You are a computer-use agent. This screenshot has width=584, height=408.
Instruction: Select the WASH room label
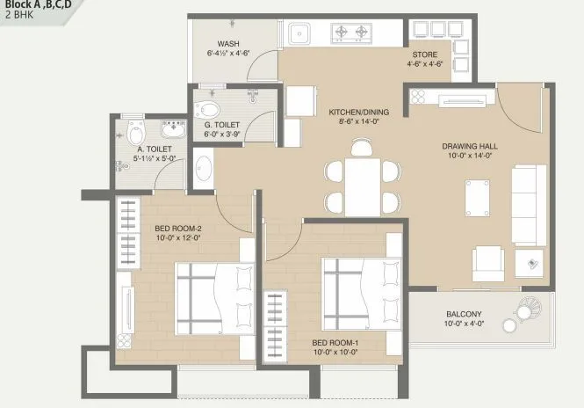click(230, 44)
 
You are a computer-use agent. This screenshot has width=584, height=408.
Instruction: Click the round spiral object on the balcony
click(530, 310)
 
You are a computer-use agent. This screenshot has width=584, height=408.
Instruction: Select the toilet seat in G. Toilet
click(208, 110)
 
